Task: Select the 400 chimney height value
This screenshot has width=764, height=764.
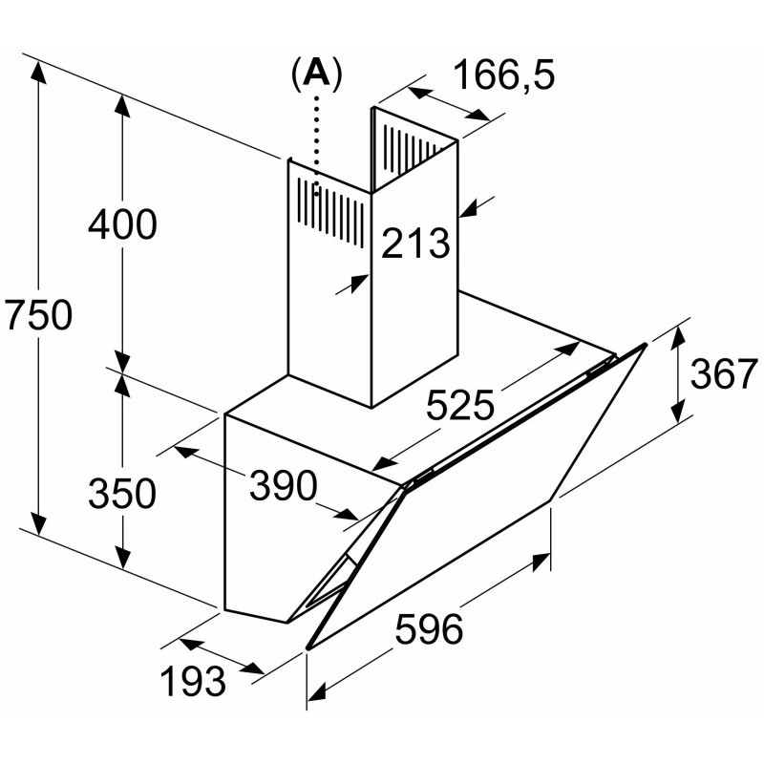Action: (x=121, y=224)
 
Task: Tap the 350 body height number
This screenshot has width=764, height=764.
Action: (x=121, y=493)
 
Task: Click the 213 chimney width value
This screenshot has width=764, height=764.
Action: (x=415, y=244)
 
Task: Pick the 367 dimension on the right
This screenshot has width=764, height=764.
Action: (x=723, y=375)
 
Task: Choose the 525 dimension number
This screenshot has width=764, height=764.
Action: (x=459, y=407)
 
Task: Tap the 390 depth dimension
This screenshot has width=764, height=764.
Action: (x=283, y=487)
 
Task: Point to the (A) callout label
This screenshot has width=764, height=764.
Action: (x=315, y=74)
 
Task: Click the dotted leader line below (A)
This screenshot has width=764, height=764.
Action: (x=315, y=143)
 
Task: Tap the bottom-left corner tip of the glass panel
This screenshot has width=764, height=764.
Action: (x=308, y=648)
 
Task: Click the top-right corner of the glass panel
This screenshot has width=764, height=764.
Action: (x=646, y=343)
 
